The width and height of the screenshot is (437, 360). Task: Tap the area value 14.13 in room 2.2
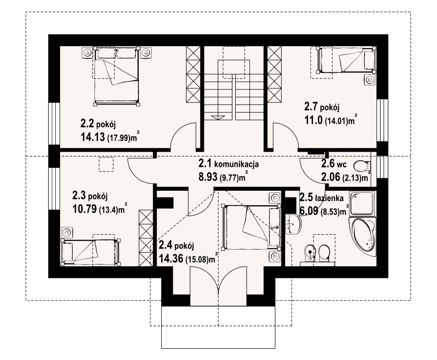click(x=93, y=136)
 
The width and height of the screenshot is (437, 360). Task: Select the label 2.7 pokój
click(x=322, y=106)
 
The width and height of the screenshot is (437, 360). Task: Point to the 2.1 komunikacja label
click(x=229, y=163)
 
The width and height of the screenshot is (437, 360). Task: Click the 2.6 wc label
click(x=334, y=164)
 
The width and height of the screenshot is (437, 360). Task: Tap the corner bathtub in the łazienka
click(x=362, y=237)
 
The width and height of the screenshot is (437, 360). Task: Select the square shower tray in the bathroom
click(x=362, y=203)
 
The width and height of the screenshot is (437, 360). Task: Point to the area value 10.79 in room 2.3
click(x=85, y=209)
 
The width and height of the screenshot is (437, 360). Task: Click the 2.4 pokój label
click(x=176, y=246)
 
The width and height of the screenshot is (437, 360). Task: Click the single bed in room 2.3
click(x=91, y=252)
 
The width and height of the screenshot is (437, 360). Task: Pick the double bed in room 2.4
click(x=251, y=227)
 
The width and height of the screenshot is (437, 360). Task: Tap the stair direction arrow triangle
click(x=218, y=117)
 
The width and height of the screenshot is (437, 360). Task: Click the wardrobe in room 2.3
click(x=146, y=237)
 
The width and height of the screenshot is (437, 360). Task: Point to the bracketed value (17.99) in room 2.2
click(x=119, y=138)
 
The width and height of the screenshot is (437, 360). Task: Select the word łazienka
click(x=329, y=198)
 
